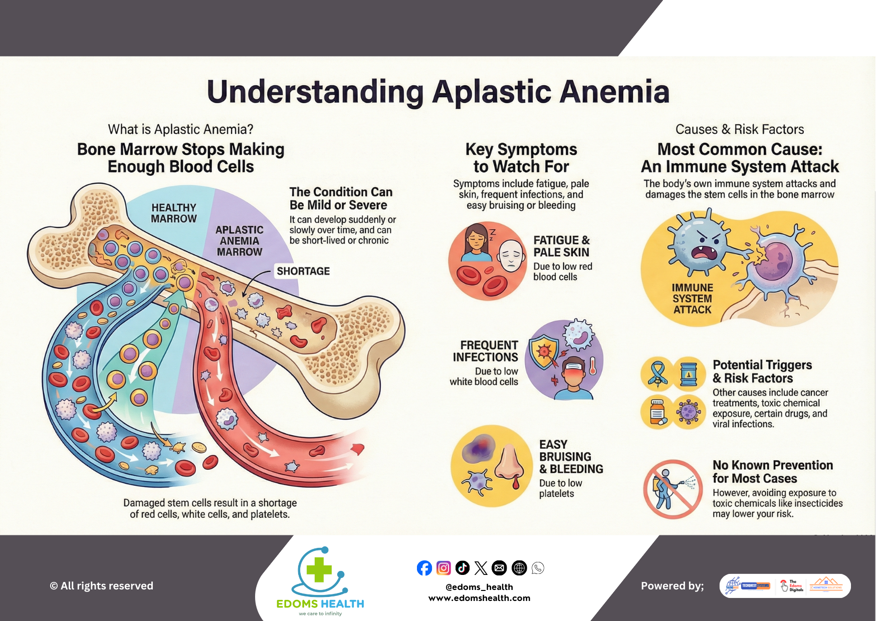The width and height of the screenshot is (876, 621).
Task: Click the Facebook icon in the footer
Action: coord(424,568)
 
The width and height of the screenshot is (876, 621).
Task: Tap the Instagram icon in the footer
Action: coord(444,568)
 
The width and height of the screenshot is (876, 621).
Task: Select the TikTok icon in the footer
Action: coord(463,568)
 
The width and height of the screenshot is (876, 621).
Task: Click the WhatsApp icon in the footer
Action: coord(538,568)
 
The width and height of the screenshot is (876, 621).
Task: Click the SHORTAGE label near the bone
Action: coord(303,271)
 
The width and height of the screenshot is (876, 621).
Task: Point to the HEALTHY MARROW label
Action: coord(174,213)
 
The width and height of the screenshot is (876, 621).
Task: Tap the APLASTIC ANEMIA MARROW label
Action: coord(240,241)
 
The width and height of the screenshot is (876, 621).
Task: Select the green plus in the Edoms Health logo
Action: coord(319,570)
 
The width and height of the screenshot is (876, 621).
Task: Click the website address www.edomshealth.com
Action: coord(479,598)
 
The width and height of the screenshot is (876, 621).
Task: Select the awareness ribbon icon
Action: coord(657,374)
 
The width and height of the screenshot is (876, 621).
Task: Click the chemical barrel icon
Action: coord(689,374)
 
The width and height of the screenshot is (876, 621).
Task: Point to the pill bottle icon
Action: coord(657,412)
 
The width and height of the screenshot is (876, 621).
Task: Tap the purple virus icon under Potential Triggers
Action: coord(689,412)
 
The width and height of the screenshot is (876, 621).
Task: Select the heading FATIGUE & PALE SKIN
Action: coord(561,246)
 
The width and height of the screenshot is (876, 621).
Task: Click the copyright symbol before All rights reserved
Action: coord(54,586)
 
